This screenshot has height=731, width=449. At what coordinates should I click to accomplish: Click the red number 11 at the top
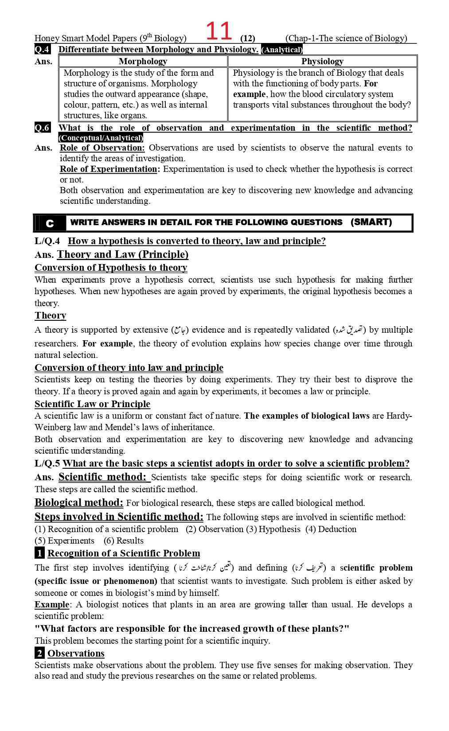point(219,31)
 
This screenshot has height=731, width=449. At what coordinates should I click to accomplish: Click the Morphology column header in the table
point(143,61)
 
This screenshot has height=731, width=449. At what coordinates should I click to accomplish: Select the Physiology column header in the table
point(322,61)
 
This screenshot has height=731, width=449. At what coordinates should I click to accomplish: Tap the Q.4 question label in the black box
point(42,49)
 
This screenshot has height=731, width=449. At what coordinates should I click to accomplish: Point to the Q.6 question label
point(42,128)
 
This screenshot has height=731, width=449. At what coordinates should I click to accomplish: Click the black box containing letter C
point(49,223)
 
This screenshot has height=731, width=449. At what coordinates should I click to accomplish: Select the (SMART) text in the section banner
point(371,222)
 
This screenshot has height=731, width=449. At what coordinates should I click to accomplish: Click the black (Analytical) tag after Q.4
point(282,50)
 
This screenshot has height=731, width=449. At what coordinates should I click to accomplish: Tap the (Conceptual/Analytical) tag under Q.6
point(101,138)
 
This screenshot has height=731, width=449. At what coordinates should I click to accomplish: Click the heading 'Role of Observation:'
point(102,148)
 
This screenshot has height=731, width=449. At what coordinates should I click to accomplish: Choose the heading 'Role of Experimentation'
point(109,169)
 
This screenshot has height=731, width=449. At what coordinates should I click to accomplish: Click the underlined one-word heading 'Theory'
point(50,315)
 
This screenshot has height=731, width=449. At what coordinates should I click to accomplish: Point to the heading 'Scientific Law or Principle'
point(92,404)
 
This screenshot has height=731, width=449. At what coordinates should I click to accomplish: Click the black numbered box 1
point(39,553)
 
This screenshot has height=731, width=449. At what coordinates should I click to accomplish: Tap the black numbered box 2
point(39,653)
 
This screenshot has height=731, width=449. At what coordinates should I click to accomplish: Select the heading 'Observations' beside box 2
point(76,653)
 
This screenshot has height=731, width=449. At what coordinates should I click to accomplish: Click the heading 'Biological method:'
point(79,502)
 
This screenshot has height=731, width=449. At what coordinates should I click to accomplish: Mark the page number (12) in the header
point(247,38)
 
